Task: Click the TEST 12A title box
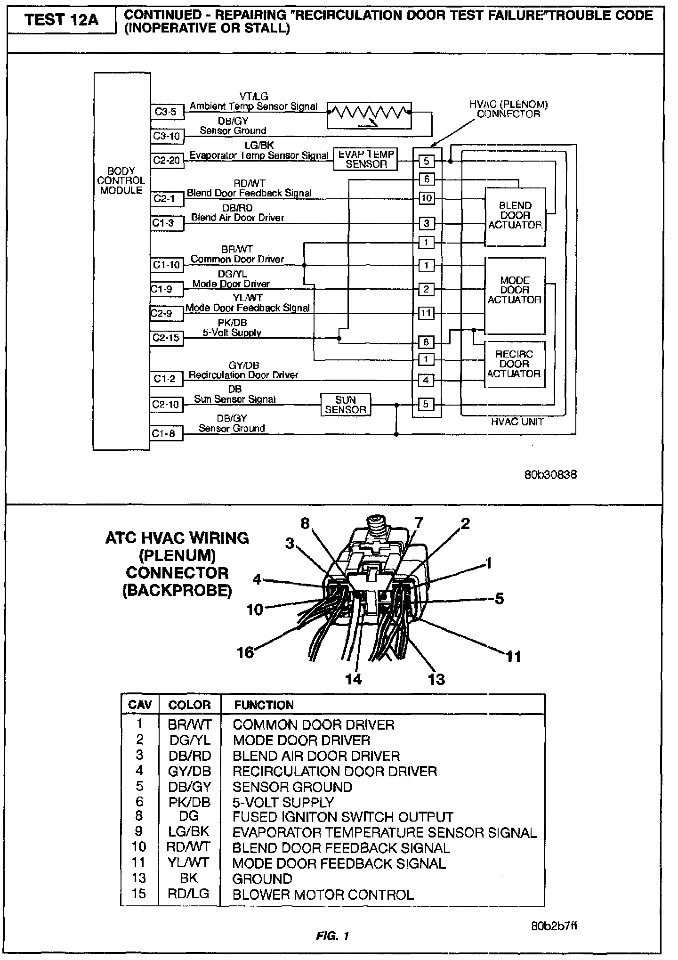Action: [x=62, y=20]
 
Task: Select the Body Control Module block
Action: [x=121, y=261]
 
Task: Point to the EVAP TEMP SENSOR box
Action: [x=366, y=159]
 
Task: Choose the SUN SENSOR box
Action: [x=345, y=405]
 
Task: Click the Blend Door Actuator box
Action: [x=515, y=216]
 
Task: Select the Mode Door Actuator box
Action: [x=515, y=295]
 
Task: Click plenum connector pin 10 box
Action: [x=426, y=198]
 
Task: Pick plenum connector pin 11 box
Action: [x=426, y=313]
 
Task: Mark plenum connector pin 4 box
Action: [x=426, y=380]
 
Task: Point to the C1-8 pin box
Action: [x=166, y=433]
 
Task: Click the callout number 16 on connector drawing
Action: [x=246, y=652]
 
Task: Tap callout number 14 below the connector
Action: [x=354, y=679]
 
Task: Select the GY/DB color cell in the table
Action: [x=190, y=771]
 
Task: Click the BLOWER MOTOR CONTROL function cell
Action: [x=323, y=895]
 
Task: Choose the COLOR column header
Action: [x=189, y=705]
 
